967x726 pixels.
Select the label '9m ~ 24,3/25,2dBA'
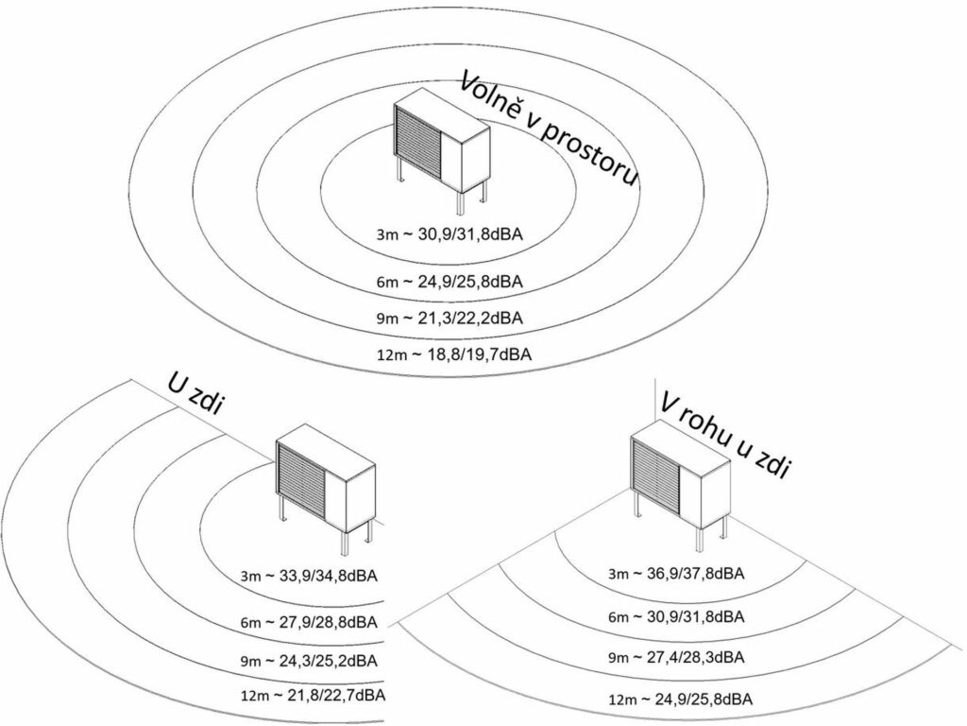pos(314,659)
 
